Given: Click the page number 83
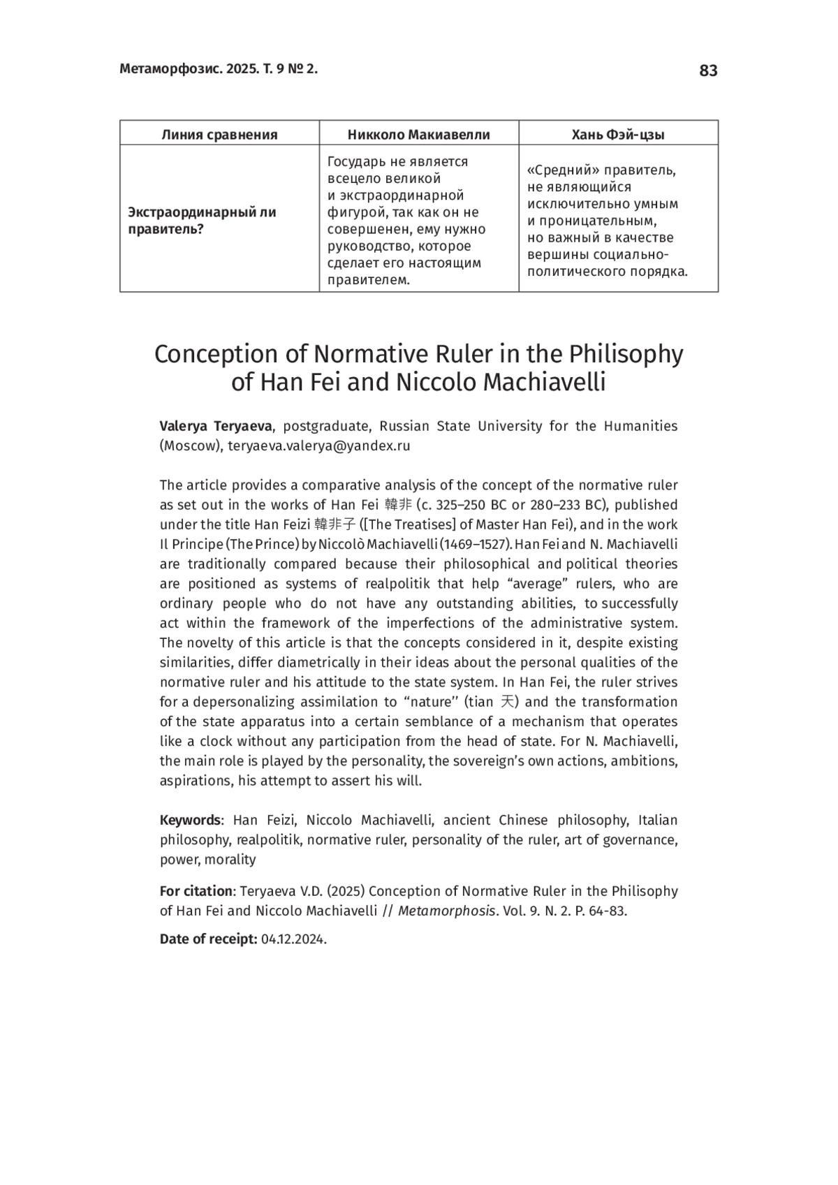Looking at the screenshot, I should pos(707,71).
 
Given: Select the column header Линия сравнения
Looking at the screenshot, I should pos(219,135).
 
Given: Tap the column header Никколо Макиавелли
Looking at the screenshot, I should pos(419,135).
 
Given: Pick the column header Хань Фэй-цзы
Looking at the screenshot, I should pos(618,135).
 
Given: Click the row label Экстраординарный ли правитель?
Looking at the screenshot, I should pos(203,221).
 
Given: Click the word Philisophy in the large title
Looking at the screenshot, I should pos(626,355).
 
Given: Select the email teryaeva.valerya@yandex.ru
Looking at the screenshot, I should pos(319,446).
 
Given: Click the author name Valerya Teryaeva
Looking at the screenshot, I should pos(216,426).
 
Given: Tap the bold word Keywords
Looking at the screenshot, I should pos(190,820).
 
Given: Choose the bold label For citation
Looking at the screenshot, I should pos(196,891).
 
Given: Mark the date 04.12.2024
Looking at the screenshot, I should pos(293,939).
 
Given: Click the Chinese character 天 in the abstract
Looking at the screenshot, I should pos(508,702).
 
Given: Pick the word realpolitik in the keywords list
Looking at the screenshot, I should pos(268,839).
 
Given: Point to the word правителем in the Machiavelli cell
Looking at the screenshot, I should pos(369,280).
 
